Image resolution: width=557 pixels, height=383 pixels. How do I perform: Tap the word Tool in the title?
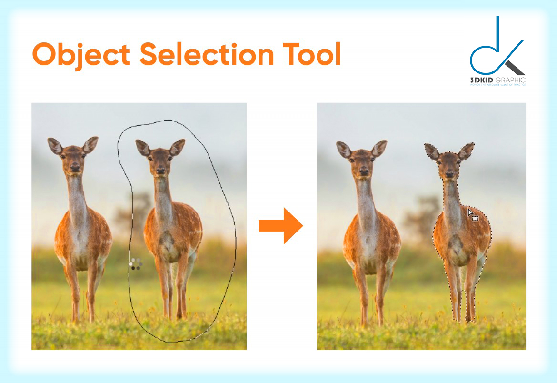click(312, 54)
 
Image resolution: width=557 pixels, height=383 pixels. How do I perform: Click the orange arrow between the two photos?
click(280, 225)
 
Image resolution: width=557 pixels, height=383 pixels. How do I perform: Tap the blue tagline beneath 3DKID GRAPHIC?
click(497, 85)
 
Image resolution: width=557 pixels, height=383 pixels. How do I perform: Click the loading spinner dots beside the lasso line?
click(136, 264)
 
